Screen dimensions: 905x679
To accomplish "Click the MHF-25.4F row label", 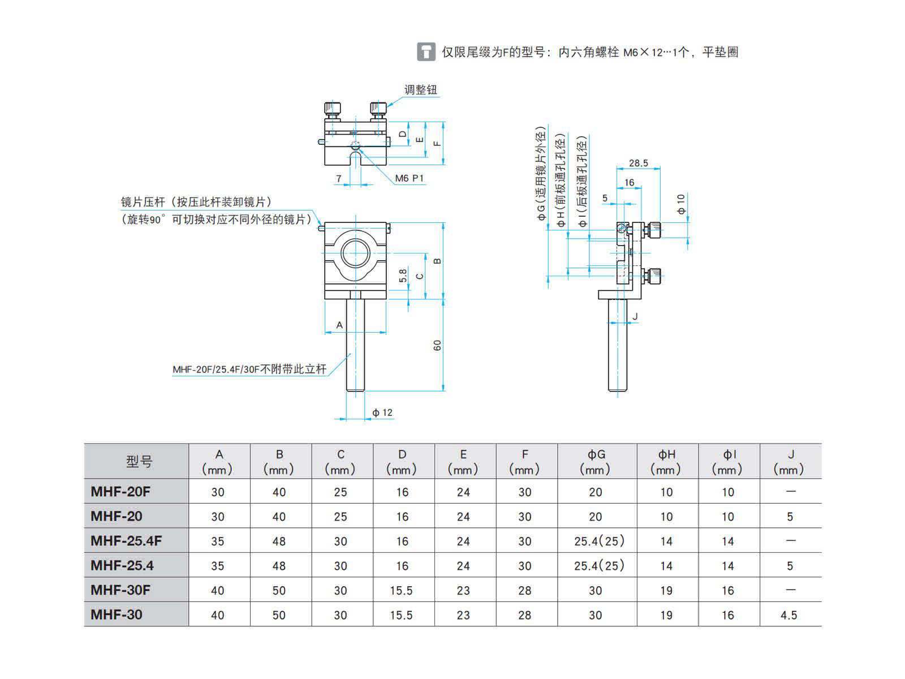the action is (x=126, y=540).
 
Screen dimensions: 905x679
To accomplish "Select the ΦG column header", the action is (x=596, y=461).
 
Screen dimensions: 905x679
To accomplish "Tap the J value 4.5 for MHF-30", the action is (x=788, y=615).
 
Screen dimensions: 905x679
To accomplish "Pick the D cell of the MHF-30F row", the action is (x=402, y=590).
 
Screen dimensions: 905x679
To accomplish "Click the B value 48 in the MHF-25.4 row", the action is (x=279, y=566).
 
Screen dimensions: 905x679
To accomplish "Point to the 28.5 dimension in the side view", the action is (x=638, y=164).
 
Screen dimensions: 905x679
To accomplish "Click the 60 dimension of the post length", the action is (x=437, y=346).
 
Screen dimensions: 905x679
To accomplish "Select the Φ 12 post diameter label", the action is (x=382, y=412).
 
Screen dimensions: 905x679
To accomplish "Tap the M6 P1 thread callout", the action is (x=409, y=178).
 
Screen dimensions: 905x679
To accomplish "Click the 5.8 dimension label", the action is (x=403, y=276).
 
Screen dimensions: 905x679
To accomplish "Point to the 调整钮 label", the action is (x=421, y=90).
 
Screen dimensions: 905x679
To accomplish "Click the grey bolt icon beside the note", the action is (x=426, y=52).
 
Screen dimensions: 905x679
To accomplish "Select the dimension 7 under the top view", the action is (x=338, y=178).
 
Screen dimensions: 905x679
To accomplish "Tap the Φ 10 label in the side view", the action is (x=680, y=204).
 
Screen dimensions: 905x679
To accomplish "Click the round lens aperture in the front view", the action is (x=355, y=253).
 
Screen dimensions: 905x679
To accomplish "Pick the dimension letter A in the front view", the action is (x=339, y=325).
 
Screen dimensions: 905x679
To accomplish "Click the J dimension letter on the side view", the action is (x=635, y=316).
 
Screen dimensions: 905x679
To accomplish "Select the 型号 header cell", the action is (x=139, y=461).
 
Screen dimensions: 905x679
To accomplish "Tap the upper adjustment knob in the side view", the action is (x=653, y=230).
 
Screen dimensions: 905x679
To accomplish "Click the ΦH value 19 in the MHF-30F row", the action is (x=666, y=590).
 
